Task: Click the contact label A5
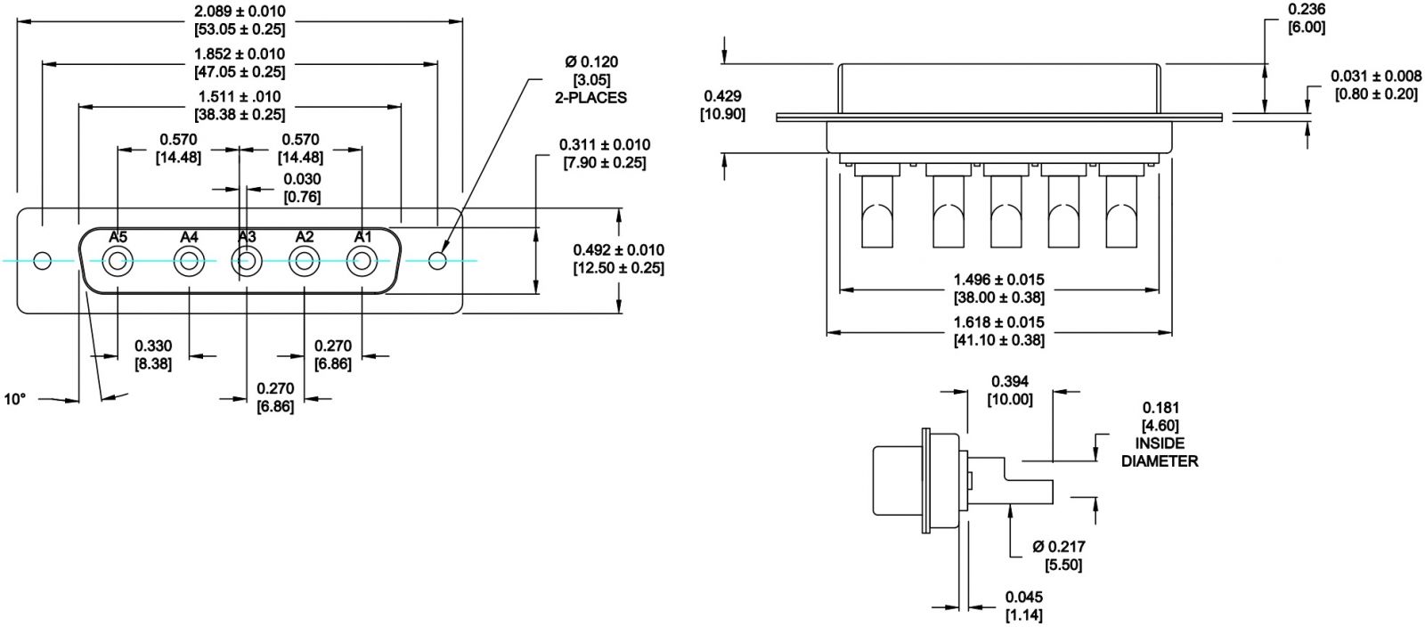118,237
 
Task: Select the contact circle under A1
362,262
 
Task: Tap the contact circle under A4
189,262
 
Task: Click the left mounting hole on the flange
42,261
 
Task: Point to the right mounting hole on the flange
437,261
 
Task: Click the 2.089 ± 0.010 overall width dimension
240,20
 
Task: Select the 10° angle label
15,399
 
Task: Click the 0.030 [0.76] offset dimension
302,187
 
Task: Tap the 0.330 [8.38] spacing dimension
153,354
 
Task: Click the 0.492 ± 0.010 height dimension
619,258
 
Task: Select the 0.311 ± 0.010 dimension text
605,152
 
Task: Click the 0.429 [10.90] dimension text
722,105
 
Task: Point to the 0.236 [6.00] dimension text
1307,18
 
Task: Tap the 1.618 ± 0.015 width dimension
997,330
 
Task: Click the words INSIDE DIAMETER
1160,452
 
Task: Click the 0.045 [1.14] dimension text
1023,606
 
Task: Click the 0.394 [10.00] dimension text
1010,390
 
